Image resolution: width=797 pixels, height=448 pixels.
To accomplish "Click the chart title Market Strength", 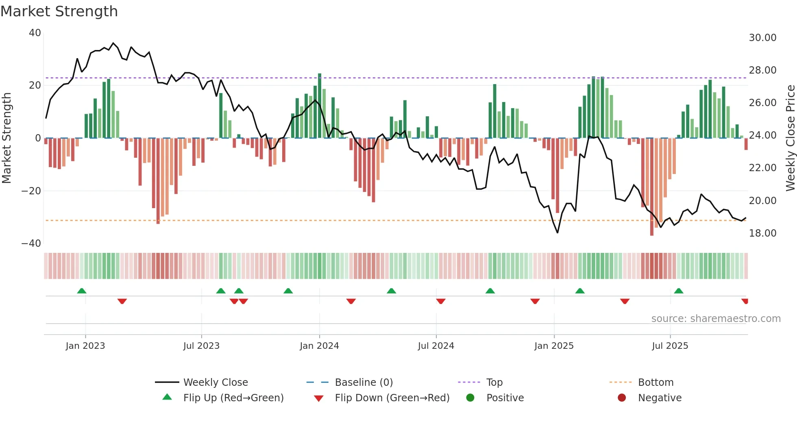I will point(59,11).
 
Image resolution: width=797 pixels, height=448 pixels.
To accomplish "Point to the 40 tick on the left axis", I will point(35,33).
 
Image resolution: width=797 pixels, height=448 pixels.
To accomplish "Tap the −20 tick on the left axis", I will point(31,191).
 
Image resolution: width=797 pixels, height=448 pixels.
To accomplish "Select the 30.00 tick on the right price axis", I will point(762,38).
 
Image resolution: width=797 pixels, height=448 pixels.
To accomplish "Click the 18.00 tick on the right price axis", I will point(762,233).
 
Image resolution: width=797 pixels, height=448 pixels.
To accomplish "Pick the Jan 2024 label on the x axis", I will point(319,346).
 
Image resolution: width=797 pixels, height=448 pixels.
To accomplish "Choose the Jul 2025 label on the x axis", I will point(670,346).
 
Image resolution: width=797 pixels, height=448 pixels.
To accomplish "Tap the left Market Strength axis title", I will point(7,138).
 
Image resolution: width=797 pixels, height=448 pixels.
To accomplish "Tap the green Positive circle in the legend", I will point(470,398).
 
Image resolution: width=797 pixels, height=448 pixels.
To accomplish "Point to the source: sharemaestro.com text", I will point(716,319).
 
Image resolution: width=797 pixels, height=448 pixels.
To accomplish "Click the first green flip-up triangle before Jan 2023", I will point(82,291).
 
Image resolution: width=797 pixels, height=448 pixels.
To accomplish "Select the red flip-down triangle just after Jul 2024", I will point(441,301).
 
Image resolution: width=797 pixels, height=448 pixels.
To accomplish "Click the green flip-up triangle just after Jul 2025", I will point(679,291).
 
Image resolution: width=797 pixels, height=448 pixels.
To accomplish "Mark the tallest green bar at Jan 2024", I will point(320,106).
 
